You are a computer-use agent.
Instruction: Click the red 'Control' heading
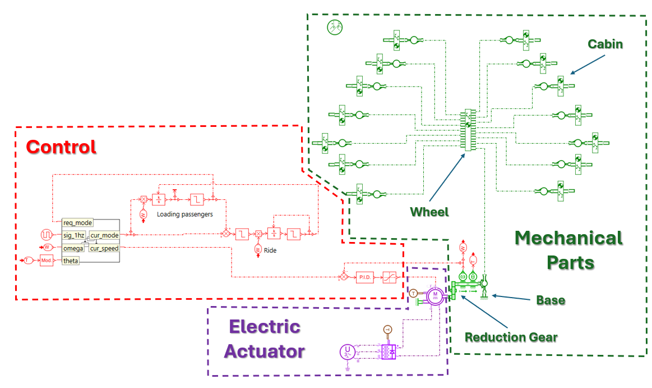pyautogui.click(x=61, y=147)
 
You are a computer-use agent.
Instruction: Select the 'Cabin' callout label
pyautogui.click(x=605, y=44)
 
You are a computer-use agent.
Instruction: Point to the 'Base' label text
pyautogui.click(x=551, y=300)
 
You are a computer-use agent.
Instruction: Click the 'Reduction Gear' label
pyautogui.click(x=511, y=337)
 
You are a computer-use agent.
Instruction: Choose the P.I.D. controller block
pyautogui.click(x=364, y=277)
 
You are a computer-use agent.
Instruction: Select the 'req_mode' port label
pyautogui.click(x=77, y=223)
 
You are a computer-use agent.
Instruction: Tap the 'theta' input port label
pyautogui.click(x=71, y=261)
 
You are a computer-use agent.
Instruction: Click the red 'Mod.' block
pyautogui.click(x=46, y=261)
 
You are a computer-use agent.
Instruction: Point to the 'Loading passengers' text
pyautogui.click(x=184, y=214)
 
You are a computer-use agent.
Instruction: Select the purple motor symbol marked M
pyautogui.click(x=434, y=295)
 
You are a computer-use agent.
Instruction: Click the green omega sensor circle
pyautogui.click(x=463, y=276)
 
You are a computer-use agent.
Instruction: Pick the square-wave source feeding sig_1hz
pyautogui.click(x=46, y=234)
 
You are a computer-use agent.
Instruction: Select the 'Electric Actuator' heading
pyautogui.click(x=264, y=339)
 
